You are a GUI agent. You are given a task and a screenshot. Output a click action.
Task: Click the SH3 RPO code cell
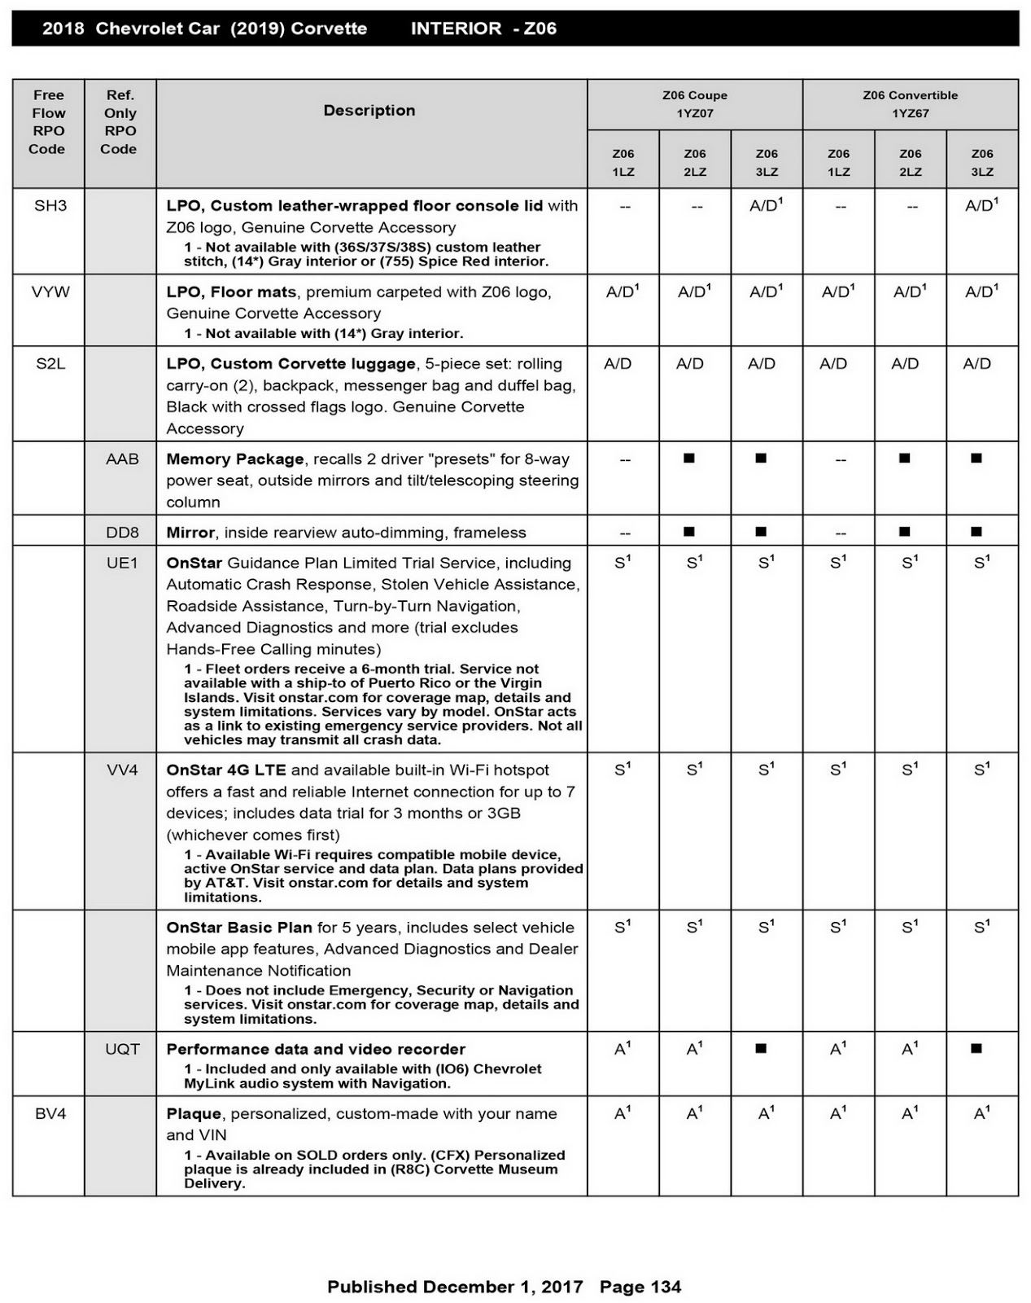[x=50, y=205]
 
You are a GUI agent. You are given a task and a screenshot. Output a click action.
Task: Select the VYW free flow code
[x=50, y=292]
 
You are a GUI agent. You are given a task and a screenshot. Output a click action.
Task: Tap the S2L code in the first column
[x=50, y=363]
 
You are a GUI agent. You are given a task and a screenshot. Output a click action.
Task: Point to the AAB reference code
[x=122, y=458]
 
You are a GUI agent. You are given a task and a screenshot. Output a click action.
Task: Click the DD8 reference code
[x=122, y=532]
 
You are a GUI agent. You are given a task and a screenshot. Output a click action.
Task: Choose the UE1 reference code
[x=122, y=563]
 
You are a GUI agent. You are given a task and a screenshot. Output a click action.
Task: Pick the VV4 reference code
[x=122, y=770]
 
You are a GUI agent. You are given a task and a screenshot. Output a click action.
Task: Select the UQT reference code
[x=122, y=1049]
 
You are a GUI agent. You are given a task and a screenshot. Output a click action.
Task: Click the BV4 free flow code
[x=50, y=1113]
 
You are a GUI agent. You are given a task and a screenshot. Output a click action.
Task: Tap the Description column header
[x=369, y=110]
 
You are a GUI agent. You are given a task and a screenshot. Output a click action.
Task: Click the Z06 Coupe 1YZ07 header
[x=695, y=104]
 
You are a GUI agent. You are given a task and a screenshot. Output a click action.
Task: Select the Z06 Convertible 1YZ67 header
[x=910, y=104]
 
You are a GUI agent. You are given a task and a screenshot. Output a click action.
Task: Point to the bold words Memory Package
[x=234, y=458]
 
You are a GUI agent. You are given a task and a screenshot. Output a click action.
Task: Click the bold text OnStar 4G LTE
[x=226, y=770]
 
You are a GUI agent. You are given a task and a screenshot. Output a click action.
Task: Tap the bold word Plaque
[x=194, y=1113]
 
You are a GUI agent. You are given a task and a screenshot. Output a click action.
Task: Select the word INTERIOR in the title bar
[x=456, y=29]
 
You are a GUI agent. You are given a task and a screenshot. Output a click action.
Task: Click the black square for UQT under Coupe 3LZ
[x=761, y=1048]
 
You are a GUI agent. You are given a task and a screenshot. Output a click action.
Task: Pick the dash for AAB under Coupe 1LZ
[x=624, y=459]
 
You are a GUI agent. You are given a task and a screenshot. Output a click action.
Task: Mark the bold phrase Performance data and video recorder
[x=316, y=1049]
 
